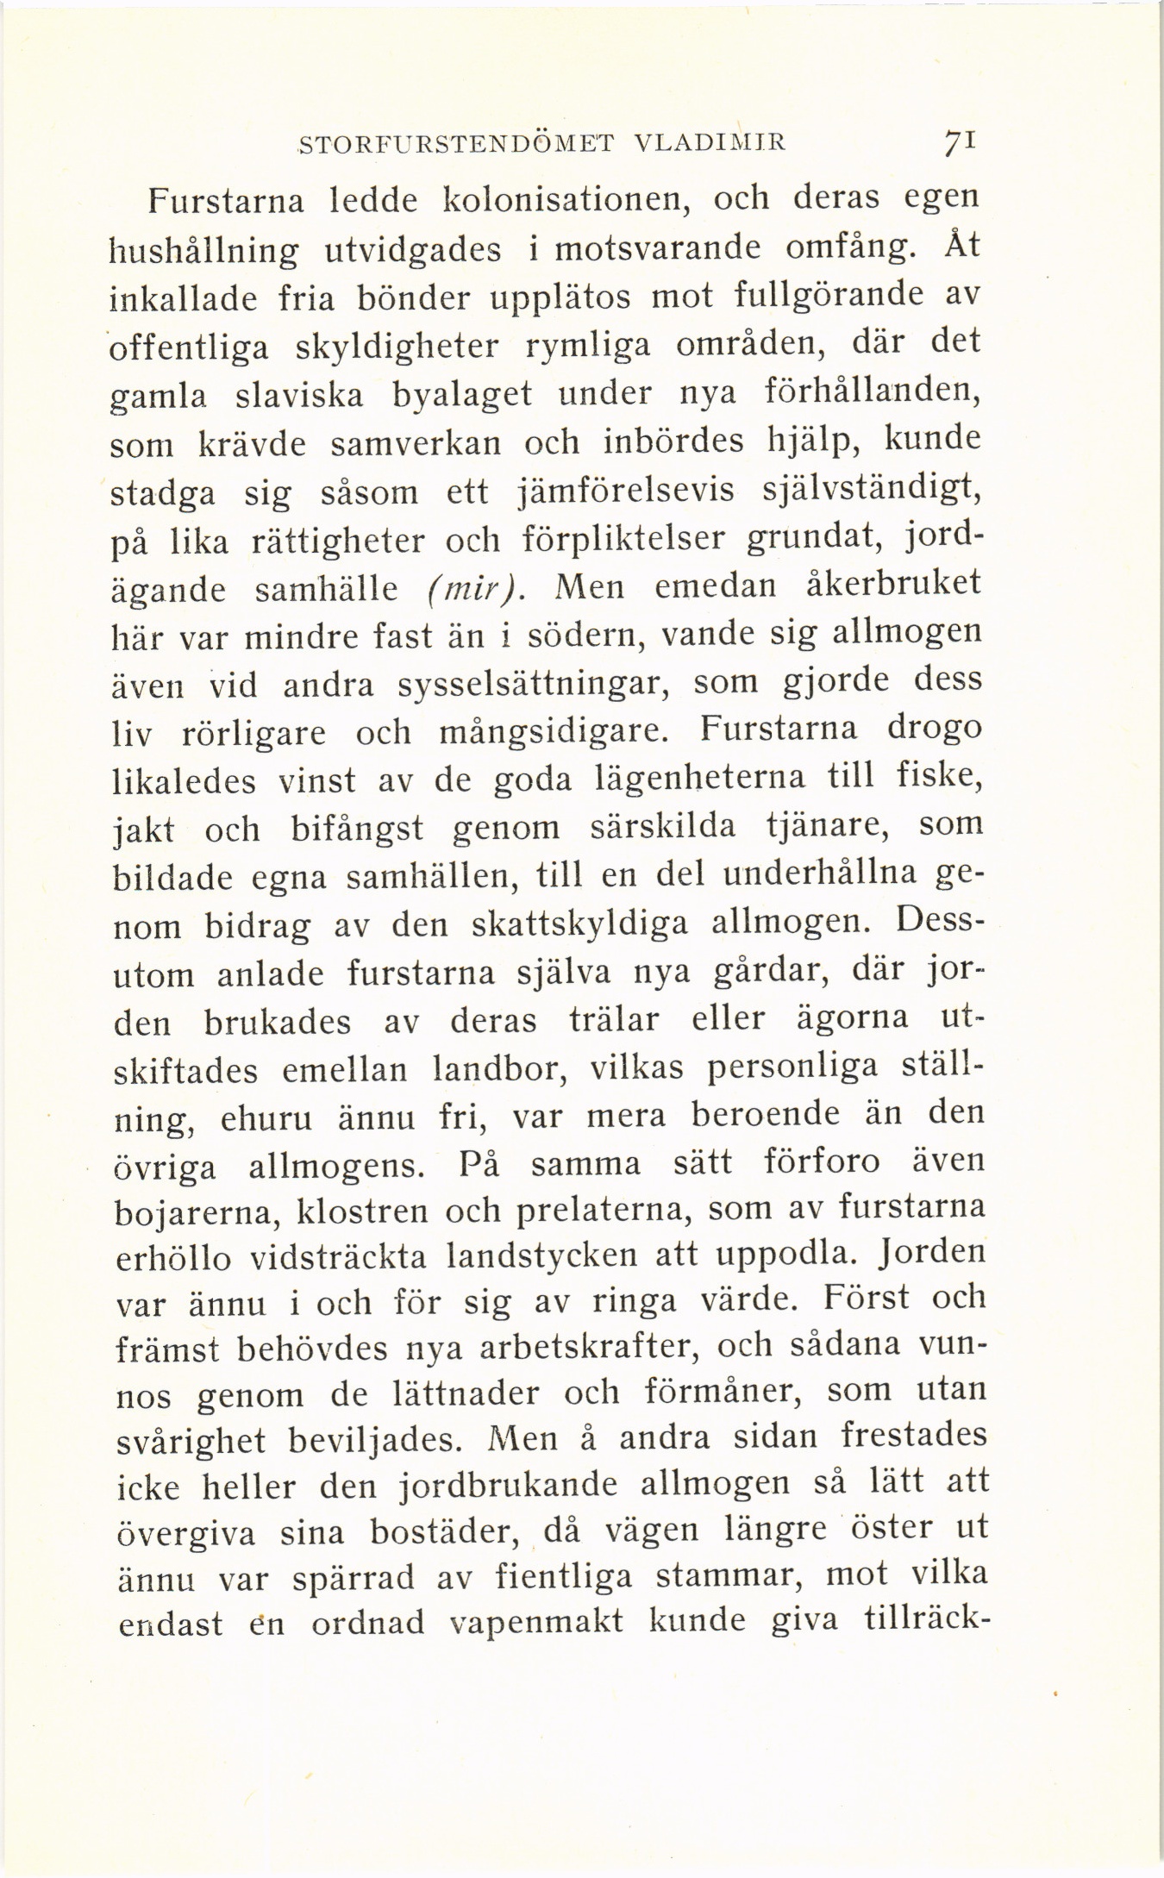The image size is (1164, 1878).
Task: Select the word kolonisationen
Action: click(563, 200)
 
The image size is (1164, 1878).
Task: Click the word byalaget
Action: click(461, 396)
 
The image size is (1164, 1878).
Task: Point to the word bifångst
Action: click(356, 829)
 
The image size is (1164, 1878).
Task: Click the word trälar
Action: click(614, 1021)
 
